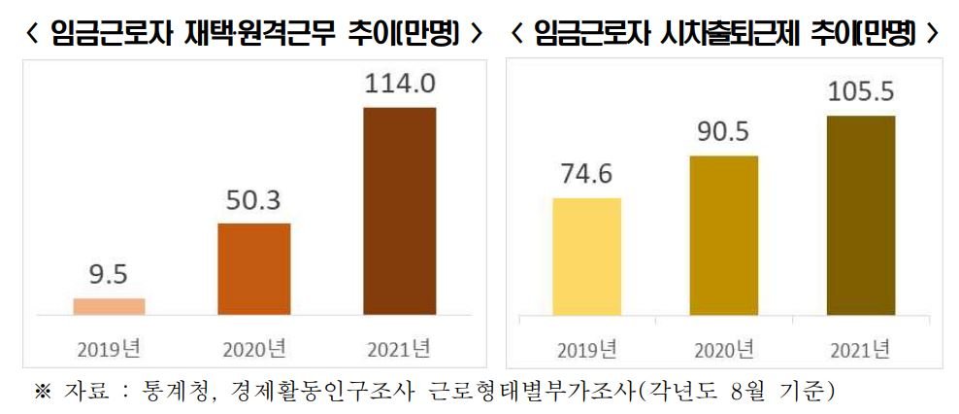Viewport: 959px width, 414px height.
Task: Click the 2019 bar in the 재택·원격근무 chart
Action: point(109,307)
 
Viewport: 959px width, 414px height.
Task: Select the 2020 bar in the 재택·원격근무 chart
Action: point(254,269)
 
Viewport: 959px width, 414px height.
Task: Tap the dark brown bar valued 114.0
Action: point(399,211)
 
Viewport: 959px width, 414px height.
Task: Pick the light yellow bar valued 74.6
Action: point(586,257)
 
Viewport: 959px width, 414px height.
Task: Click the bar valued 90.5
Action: point(724,236)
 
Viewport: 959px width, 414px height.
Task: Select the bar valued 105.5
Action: point(861,216)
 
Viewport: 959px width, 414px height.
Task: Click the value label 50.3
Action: point(254,201)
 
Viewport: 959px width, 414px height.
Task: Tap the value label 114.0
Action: point(400,84)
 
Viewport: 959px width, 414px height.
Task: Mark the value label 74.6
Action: point(586,174)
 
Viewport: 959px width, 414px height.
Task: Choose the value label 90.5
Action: point(724,133)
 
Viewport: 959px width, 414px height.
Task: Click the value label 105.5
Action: point(861,92)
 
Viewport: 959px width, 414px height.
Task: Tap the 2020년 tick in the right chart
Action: point(724,351)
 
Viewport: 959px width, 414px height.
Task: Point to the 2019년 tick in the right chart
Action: point(586,351)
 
